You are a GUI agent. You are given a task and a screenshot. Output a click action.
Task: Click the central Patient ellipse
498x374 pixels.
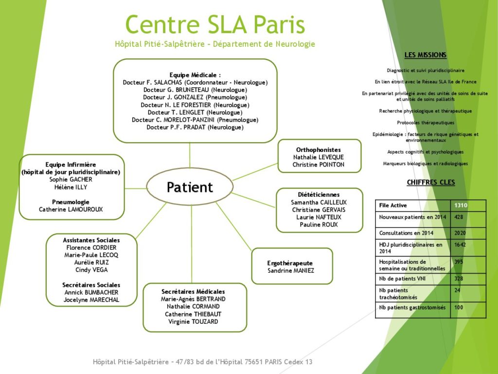190,187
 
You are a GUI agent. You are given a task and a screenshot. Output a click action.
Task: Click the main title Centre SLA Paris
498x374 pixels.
215,24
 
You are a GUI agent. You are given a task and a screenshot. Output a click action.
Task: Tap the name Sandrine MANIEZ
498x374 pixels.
291,271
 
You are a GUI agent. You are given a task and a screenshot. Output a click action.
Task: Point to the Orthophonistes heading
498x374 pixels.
319,150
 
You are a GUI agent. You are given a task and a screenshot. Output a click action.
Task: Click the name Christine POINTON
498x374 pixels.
319,165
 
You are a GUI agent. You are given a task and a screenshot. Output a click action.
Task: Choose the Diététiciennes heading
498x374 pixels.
319,195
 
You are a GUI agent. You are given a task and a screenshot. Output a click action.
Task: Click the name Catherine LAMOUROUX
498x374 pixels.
71,209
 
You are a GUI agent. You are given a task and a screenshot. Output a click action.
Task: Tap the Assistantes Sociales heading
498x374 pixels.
91,240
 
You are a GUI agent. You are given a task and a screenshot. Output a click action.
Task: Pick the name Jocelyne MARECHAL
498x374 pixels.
91,299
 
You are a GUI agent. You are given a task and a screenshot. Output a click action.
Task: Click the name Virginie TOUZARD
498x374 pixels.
193,321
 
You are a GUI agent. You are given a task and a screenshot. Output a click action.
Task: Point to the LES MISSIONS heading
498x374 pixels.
425,55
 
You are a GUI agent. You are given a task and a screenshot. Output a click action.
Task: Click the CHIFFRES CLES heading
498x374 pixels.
430,183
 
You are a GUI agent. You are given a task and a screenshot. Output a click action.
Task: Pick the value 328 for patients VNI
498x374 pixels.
459,279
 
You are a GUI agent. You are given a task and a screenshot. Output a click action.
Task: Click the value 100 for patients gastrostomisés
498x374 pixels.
459,308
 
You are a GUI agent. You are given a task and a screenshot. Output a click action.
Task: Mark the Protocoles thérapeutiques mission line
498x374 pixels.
426,123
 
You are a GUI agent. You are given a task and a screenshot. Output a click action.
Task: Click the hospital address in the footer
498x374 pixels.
203,362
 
